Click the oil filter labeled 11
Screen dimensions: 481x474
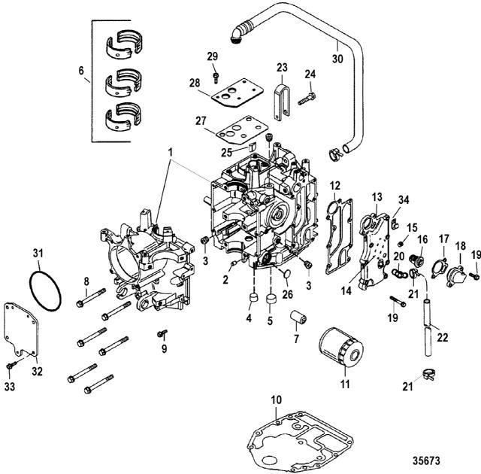tap(341, 347)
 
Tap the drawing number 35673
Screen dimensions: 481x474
tap(426, 460)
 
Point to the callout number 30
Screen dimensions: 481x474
tap(337, 58)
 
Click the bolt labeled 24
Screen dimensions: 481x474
tap(307, 99)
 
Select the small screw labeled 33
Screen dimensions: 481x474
tap(11, 365)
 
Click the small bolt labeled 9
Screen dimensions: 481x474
tap(162, 334)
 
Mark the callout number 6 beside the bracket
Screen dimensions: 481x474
tap(81, 71)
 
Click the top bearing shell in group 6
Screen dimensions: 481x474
tap(124, 44)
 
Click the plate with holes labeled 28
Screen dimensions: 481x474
tap(237, 93)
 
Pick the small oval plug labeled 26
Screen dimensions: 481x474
tap(286, 274)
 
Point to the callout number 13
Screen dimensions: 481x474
tap(377, 197)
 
